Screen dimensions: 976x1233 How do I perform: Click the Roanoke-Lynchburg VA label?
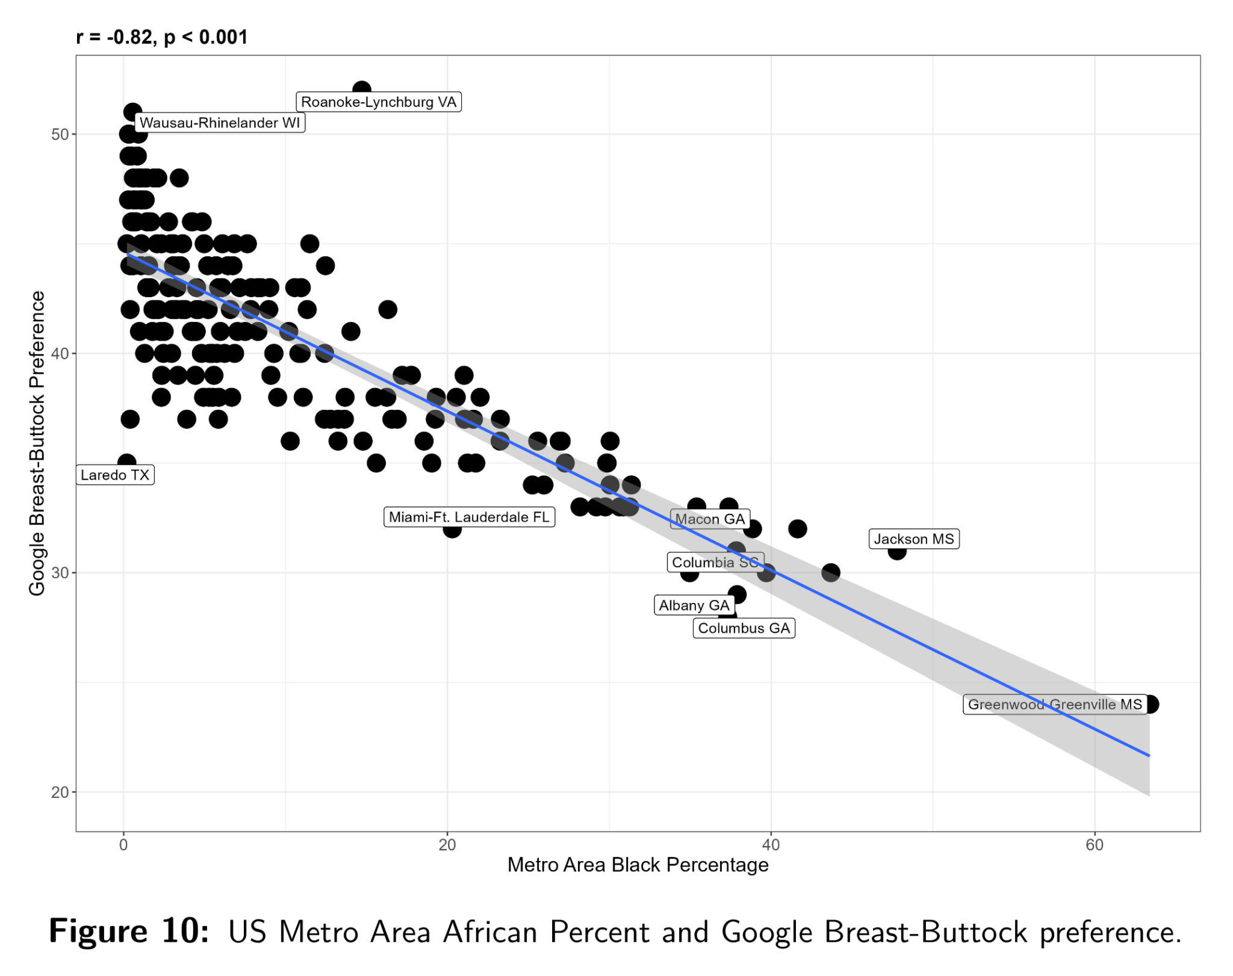click(x=379, y=102)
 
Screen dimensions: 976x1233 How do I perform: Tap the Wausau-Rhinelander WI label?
click(x=220, y=123)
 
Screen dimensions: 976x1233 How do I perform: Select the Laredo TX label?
click(x=115, y=475)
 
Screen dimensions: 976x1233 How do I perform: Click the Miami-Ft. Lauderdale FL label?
click(x=469, y=517)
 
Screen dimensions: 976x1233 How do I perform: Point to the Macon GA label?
click(x=710, y=519)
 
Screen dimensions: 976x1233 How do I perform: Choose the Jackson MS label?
click(x=913, y=539)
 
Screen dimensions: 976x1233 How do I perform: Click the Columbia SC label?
click(x=715, y=562)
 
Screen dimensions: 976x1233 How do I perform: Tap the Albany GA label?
click(x=694, y=605)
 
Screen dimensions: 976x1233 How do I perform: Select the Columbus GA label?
click(x=744, y=628)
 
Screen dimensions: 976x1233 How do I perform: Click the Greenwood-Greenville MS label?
click(x=1054, y=704)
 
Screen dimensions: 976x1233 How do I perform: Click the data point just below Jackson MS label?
click(x=897, y=551)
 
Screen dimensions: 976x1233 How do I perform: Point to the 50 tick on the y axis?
click(x=60, y=134)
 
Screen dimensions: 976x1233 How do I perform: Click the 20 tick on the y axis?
click(x=60, y=792)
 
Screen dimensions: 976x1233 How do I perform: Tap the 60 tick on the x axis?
click(x=1095, y=845)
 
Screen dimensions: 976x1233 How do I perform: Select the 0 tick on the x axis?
click(x=123, y=845)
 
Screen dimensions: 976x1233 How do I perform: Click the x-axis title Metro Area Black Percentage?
click(x=638, y=865)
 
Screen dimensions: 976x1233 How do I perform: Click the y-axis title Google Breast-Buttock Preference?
click(x=37, y=443)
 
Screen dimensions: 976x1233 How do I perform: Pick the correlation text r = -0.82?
click(x=114, y=37)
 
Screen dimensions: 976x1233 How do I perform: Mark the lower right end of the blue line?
click(x=1149, y=755)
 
